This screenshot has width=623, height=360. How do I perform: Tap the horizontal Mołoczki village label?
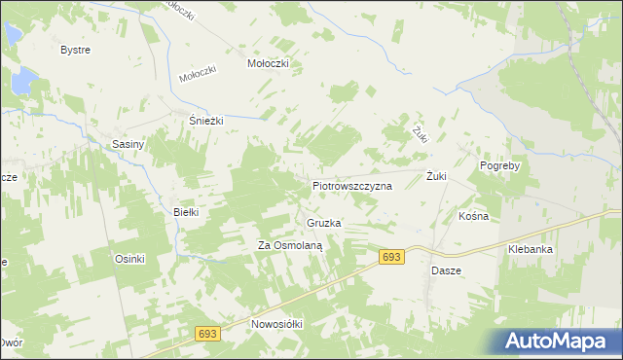pyautogui.click(x=269, y=63)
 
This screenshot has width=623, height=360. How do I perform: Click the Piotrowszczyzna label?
pyautogui.click(x=351, y=184)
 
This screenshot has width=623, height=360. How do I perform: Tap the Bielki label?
pyautogui.click(x=185, y=211)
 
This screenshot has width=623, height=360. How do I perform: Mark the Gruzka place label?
pyautogui.click(x=324, y=223)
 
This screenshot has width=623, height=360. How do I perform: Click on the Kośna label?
pyautogui.click(x=473, y=216)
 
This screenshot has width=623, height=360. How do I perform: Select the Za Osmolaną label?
pyautogui.click(x=289, y=245)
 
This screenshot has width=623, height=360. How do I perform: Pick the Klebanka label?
pyautogui.click(x=531, y=249)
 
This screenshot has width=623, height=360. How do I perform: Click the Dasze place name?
pyautogui.click(x=446, y=270)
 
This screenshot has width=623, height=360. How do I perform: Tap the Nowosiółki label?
pyautogui.click(x=278, y=324)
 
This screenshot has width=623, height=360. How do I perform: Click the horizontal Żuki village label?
pyautogui.click(x=436, y=176)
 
